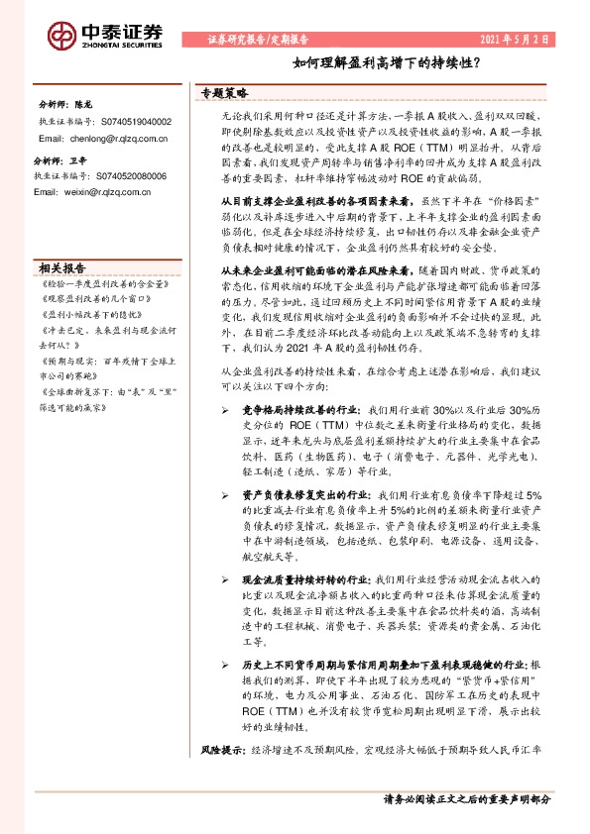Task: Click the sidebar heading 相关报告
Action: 62,267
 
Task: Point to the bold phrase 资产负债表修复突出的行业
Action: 306,521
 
